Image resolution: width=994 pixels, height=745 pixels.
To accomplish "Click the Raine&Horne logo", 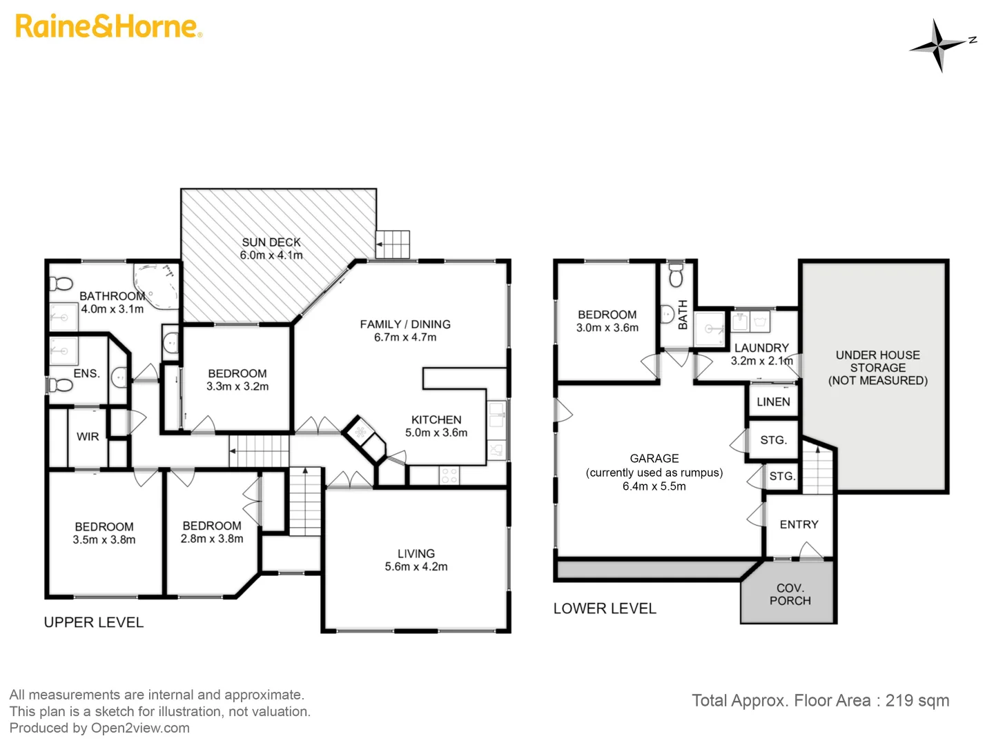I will coord(108,26).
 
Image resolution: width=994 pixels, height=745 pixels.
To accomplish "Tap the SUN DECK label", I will coord(271,242).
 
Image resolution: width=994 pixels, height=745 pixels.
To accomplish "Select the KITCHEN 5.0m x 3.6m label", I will coord(436,426).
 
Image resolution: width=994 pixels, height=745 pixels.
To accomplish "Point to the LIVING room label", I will coord(416,554).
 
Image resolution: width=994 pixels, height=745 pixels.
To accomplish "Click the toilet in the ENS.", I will coord(60,384).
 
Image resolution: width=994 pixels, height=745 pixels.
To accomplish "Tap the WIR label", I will coord(88,437).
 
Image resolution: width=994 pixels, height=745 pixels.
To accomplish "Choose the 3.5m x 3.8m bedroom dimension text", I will coord(104,540).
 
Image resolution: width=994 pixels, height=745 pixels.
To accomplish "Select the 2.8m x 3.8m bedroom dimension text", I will coord(212,539).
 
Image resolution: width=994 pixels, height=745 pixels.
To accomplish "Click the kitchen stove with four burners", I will coord(449,475).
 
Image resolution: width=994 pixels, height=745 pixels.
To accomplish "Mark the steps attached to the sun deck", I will coord(393,244).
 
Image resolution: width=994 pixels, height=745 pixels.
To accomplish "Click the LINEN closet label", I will coord(773,402).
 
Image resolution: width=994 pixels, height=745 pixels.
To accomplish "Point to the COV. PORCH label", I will coord(790,594).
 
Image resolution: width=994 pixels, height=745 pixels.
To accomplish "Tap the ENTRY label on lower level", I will coord(799,525).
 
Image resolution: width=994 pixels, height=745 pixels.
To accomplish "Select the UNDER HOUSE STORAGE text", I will coord(877,361).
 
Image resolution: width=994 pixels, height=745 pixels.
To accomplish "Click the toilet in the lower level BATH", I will coord(676,275).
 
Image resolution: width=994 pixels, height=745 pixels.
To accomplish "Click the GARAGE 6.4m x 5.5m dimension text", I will coord(654,486).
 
